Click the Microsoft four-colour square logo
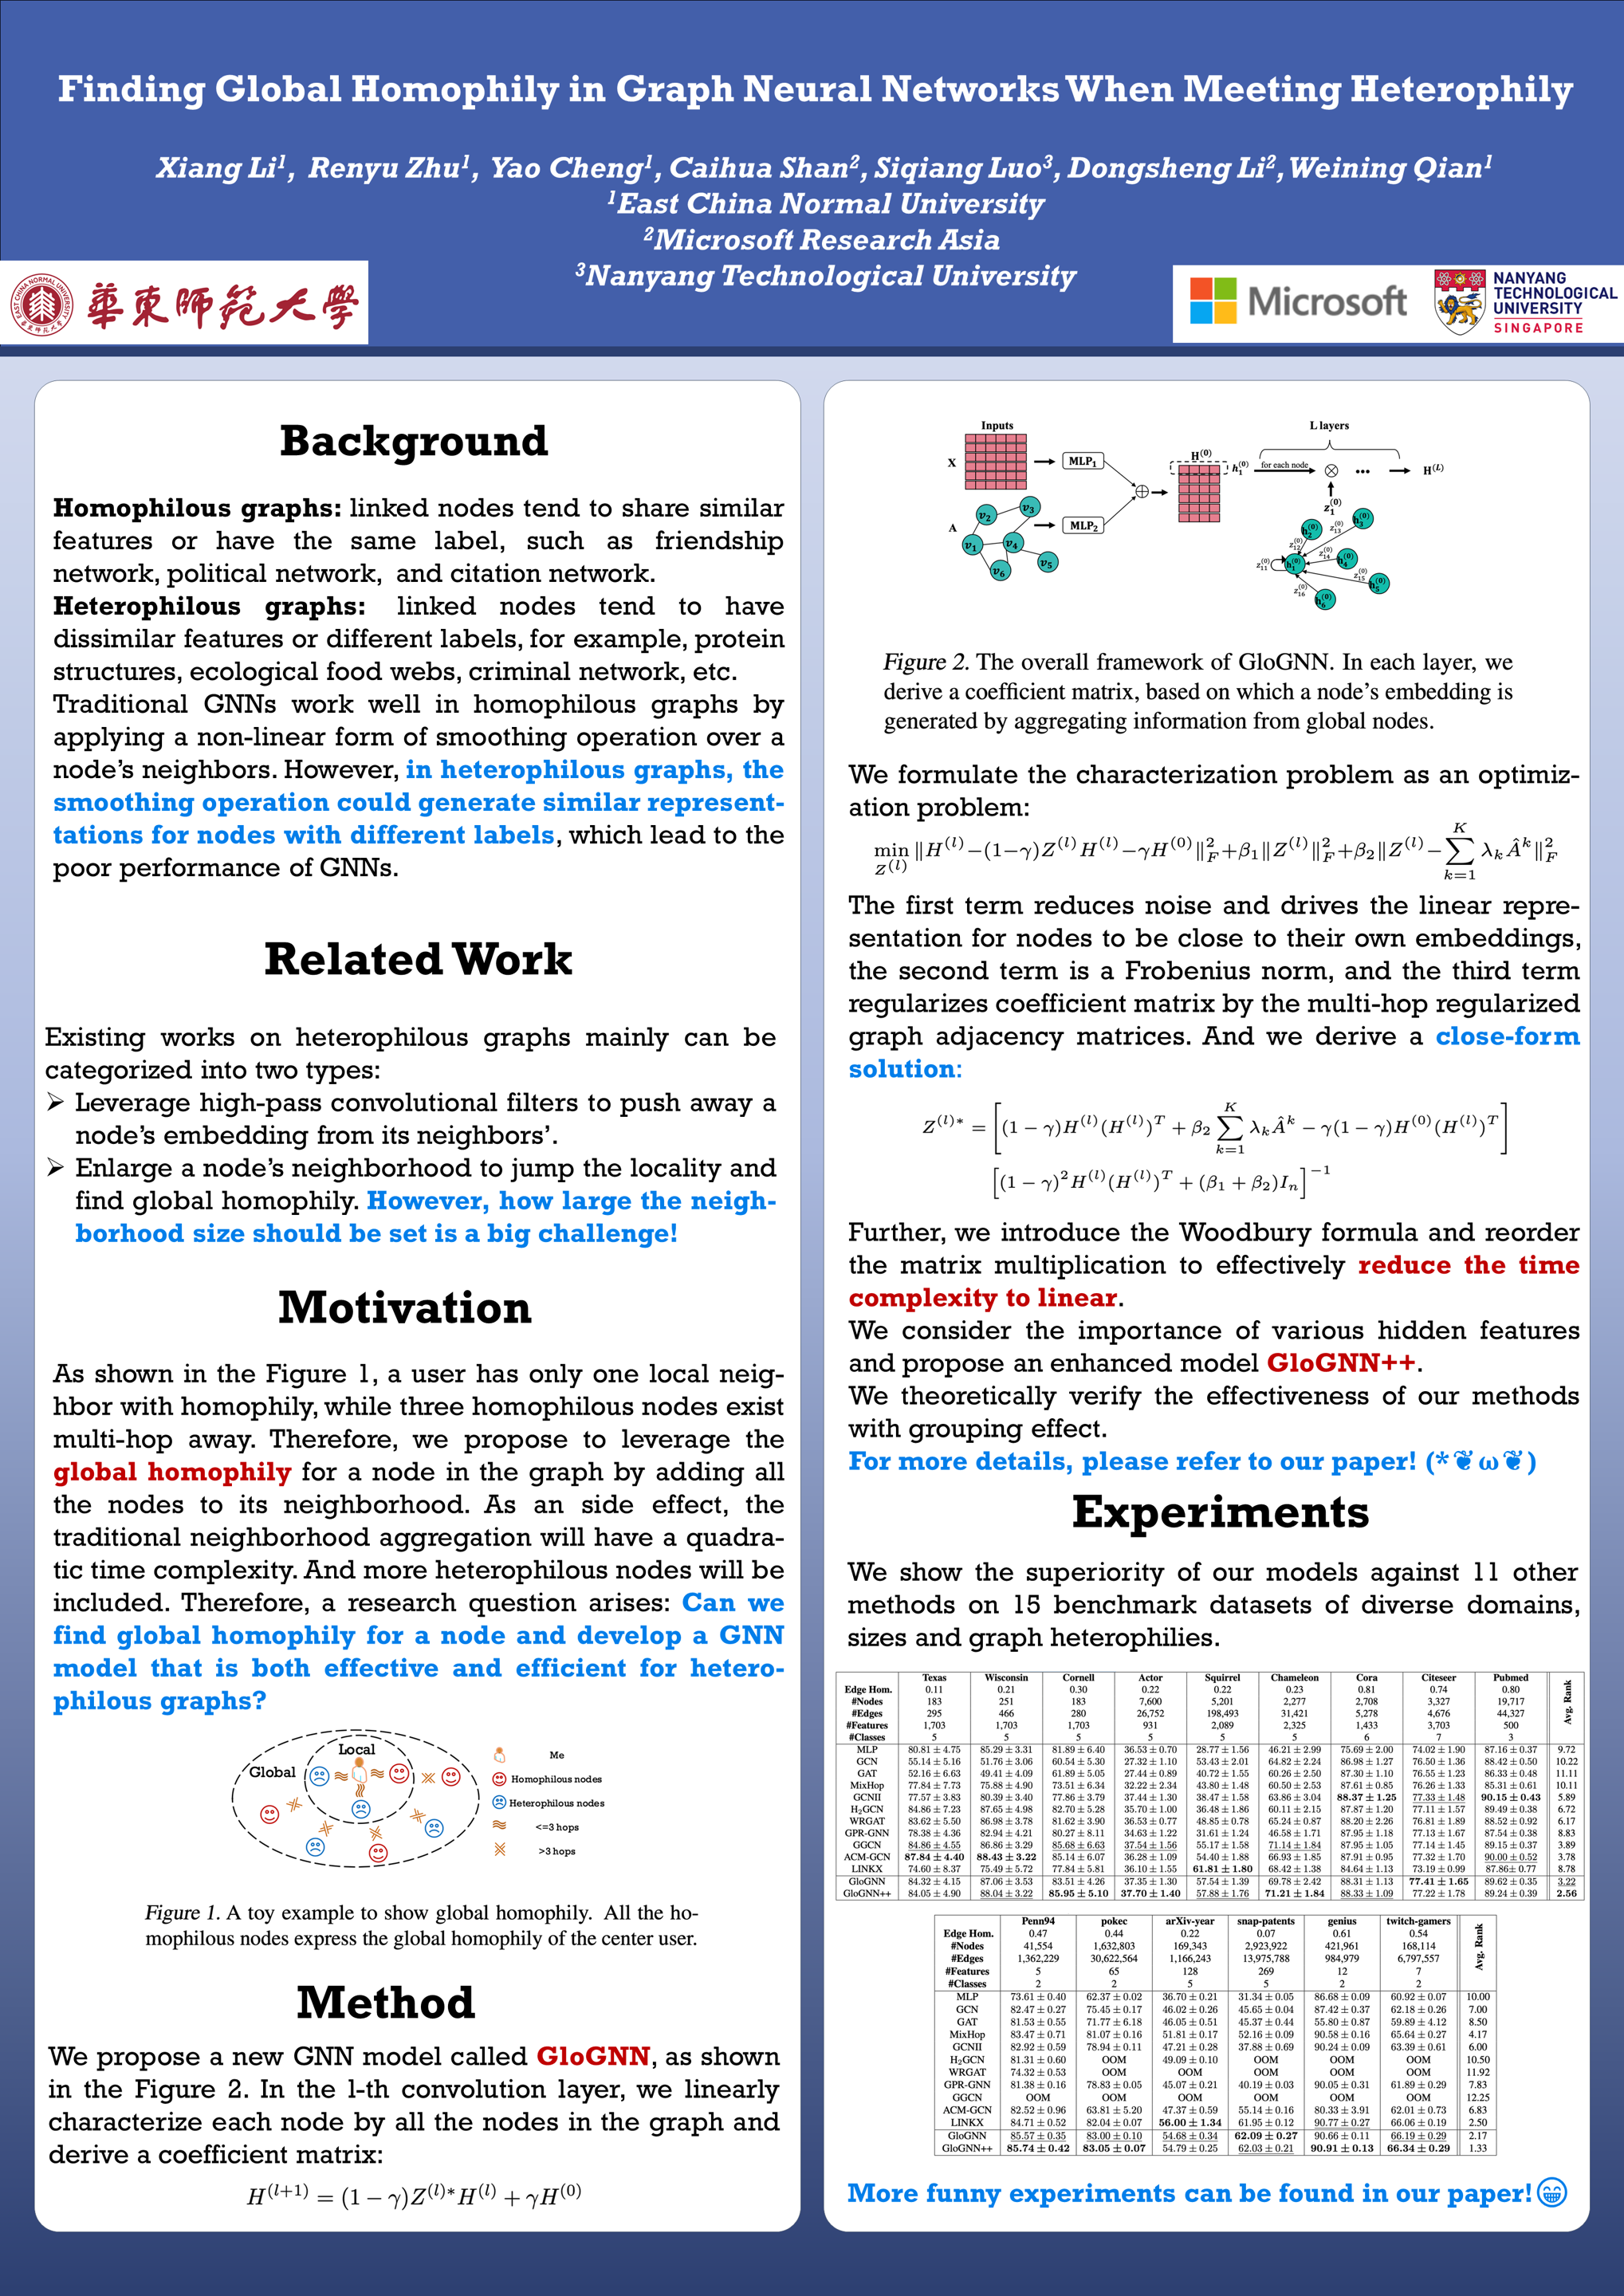[x=1213, y=300]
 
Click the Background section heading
[x=414, y=441]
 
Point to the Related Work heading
[x=418, y=959]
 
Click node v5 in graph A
[x=1046, y=563]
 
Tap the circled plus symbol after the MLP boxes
[x=1141, y=491]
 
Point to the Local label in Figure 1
[x=356, y=1749]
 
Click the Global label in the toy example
[x=272, y=1772]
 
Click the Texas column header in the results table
[x=934, y=1678]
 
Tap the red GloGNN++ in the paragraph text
[x=1341, y=1364]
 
